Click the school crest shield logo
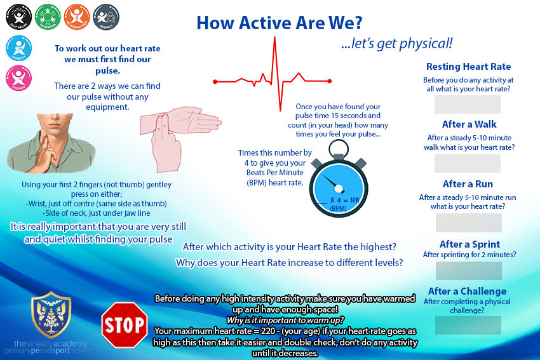tap(51, 315)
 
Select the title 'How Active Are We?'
tap(279, 22)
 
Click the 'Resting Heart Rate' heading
tap(468, 67)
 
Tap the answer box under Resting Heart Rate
tap(467, 104)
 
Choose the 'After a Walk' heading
tap(469, 124)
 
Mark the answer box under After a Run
tap(469, 222)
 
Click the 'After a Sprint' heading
tap(469, 244)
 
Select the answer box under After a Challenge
tap(468, 325)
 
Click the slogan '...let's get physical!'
tap(397, 43)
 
